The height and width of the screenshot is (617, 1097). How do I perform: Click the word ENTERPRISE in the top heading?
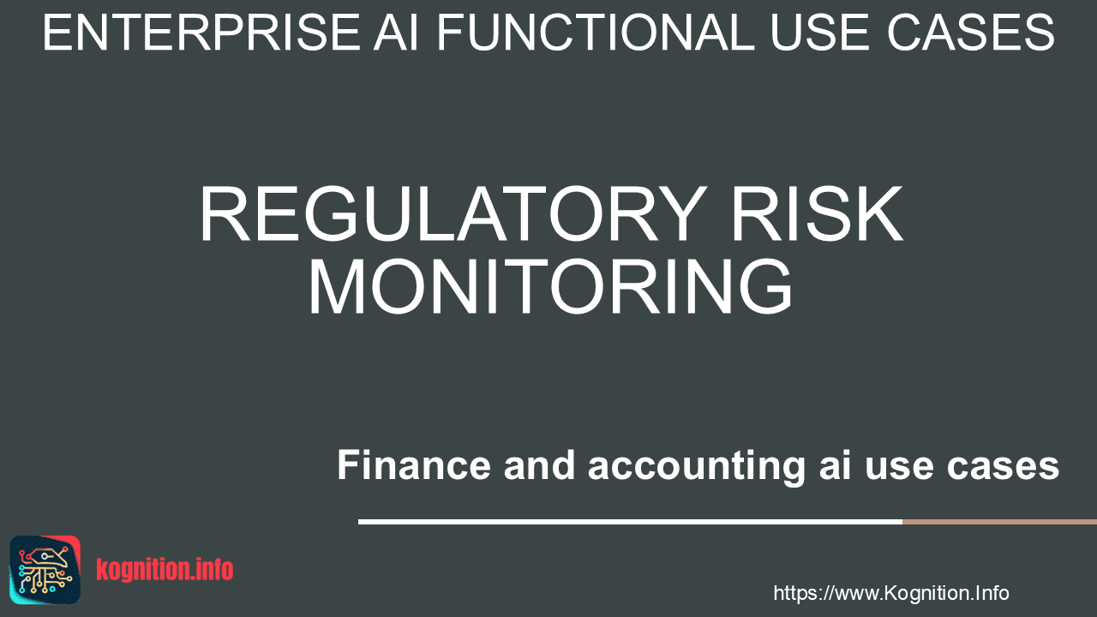[201, 33]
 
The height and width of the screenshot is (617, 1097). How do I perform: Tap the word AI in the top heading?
[396, 33]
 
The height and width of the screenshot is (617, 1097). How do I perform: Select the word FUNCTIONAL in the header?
[596, 33]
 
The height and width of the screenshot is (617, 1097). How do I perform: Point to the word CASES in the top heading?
[970, 33]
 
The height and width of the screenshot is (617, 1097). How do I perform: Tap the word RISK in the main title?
[817, 214]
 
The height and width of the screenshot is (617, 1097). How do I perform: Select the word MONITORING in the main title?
[549, 286]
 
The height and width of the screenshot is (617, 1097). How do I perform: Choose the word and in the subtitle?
[539, 464]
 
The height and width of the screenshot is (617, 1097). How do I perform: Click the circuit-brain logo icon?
[45, 570]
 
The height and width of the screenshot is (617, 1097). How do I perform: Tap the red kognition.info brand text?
[165, 570]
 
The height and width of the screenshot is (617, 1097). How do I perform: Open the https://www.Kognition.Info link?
[890, 593]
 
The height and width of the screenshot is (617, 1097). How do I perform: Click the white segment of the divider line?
[630, 522]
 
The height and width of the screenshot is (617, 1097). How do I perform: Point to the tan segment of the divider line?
[999, 522]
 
